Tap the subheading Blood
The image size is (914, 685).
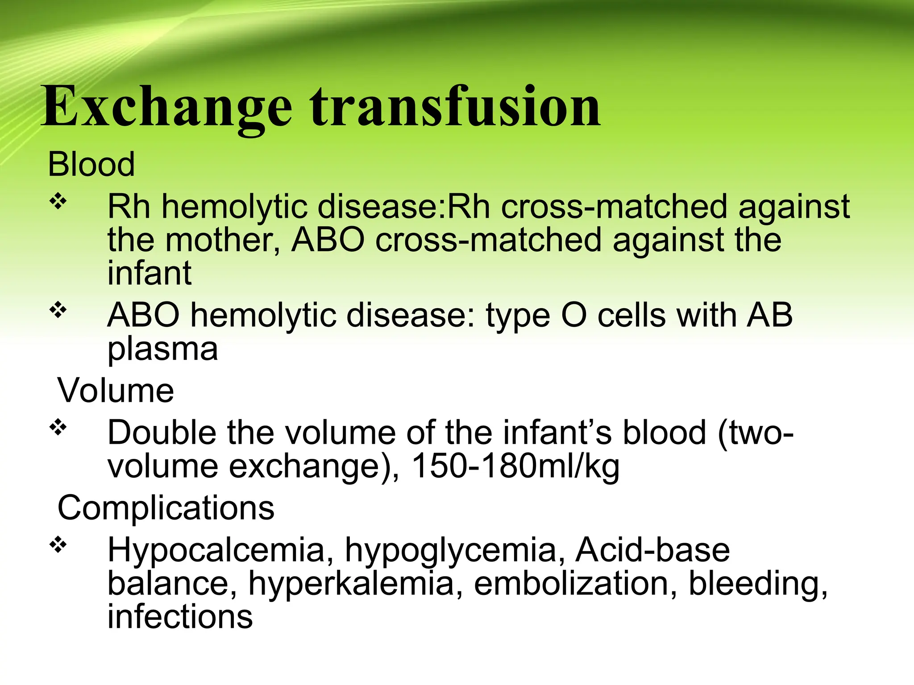[91, 164]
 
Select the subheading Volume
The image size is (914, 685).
[116, 391]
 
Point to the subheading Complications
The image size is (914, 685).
[166, 508]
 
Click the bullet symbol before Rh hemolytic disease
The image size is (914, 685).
[58, 202]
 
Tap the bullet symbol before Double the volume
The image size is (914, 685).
[58, 428]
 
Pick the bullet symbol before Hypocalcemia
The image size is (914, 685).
[58, 545]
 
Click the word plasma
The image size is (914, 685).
[162, 349]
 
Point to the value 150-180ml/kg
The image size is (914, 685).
[515, 466]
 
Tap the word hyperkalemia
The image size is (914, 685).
[351, 584]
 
